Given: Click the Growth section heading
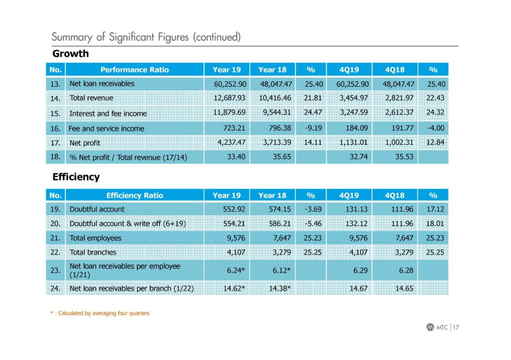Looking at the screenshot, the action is click(x=70, y=53).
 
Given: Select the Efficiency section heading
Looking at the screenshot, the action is click(x=76, y=177).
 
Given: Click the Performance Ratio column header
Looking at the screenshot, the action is click(x=135, y=70).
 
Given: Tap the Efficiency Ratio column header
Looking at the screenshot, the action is click(x=135, y=195).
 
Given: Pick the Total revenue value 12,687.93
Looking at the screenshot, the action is click(x=230, y=98).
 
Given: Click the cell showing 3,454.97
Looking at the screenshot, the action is click(x=354, y=98).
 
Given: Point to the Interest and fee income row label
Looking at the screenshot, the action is click(x=108, y=113).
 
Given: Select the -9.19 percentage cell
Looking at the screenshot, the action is click(x=313, y=128).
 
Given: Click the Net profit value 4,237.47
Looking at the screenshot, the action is click(x=232, y=142).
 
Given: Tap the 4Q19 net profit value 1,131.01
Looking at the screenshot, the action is click(x=353, y=142).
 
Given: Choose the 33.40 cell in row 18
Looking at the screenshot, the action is click(x=236, y=157).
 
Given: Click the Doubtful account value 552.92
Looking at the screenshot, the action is click(x=234, y=209).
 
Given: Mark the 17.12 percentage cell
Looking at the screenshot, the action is click(x=435, y=209).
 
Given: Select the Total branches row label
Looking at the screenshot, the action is click(x=93, y=252).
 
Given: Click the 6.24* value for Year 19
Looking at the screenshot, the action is click(x=236, y=270).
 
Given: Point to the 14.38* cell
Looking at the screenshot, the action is click(x=279, y=289).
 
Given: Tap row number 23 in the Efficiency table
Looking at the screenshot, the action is click(x=55, y=270).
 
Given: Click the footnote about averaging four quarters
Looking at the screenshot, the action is click(x=100, y=314).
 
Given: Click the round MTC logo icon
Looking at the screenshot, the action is click(x=430, y=327).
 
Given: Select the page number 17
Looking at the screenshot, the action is click(x=456, y=328).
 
